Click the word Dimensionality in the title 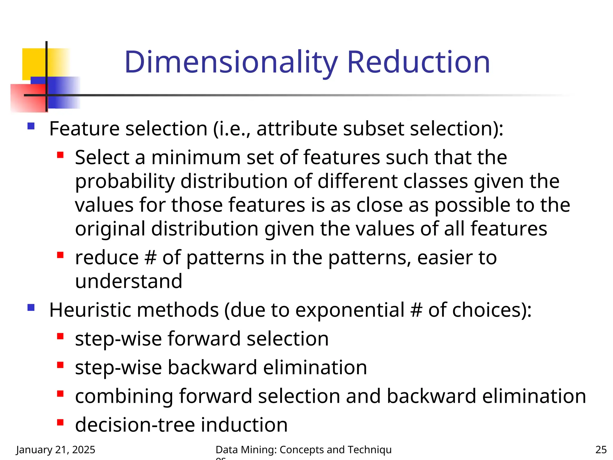231,62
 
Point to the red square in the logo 27,98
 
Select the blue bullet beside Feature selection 31,126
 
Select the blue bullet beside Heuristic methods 31,308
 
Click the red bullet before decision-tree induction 60,423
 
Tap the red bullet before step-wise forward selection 60,336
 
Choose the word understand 129,281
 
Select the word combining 124,396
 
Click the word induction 244,425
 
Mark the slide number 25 601,450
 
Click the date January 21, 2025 56,450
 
